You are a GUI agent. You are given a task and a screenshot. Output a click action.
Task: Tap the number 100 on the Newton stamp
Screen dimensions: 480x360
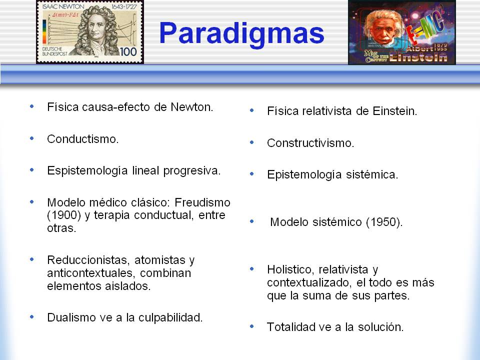[128, 51]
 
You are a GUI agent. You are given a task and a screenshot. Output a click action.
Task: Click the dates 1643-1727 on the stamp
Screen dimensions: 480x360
[123, 6]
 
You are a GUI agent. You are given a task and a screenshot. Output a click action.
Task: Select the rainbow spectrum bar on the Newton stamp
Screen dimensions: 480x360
[44, 31]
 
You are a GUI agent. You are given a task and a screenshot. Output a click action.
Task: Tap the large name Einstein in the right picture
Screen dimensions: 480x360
[418, 57]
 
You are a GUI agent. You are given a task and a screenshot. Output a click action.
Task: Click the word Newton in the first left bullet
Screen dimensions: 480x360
[191, 107]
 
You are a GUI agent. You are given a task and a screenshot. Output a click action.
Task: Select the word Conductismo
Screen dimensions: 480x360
[82, 139]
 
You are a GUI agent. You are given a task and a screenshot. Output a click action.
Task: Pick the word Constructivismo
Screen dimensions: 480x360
[310, 143]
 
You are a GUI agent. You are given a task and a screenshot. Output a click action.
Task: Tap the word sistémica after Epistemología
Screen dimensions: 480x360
[372, 174]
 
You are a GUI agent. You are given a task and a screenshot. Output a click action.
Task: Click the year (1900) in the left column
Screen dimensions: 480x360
[64, 215]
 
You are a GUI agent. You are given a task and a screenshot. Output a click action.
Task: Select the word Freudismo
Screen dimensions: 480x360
[202, 202]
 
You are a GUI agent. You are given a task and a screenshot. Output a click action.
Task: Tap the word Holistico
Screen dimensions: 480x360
[291, 269]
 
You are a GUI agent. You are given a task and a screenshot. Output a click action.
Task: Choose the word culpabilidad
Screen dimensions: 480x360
[170, 318]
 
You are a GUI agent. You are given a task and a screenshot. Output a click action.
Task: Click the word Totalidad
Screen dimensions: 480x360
[291, 327]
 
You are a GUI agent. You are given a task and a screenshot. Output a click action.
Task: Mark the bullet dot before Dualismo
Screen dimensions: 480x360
[32, 317]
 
